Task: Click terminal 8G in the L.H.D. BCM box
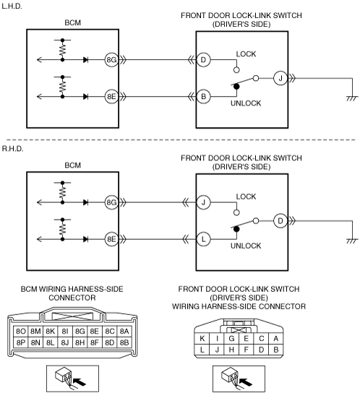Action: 111,60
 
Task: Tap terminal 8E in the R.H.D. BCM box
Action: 111,239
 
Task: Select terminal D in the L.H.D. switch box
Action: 203,60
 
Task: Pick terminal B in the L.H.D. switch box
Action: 203,97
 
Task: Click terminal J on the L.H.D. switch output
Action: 280,78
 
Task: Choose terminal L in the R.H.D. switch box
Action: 203,239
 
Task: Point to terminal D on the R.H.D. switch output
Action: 280,221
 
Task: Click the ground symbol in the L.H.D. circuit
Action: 352,98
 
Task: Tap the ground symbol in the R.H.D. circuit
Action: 352,241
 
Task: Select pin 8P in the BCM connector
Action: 21,342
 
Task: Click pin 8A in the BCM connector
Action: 124,332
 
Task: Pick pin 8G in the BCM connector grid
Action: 80,332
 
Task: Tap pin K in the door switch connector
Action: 202,339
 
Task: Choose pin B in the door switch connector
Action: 276,350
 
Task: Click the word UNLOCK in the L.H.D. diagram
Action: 246,103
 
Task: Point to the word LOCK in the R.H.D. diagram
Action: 246,196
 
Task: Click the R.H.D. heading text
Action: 12,149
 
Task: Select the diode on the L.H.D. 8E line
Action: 85,97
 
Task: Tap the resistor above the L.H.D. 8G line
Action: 62,50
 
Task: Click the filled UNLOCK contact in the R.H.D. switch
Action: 236,229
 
